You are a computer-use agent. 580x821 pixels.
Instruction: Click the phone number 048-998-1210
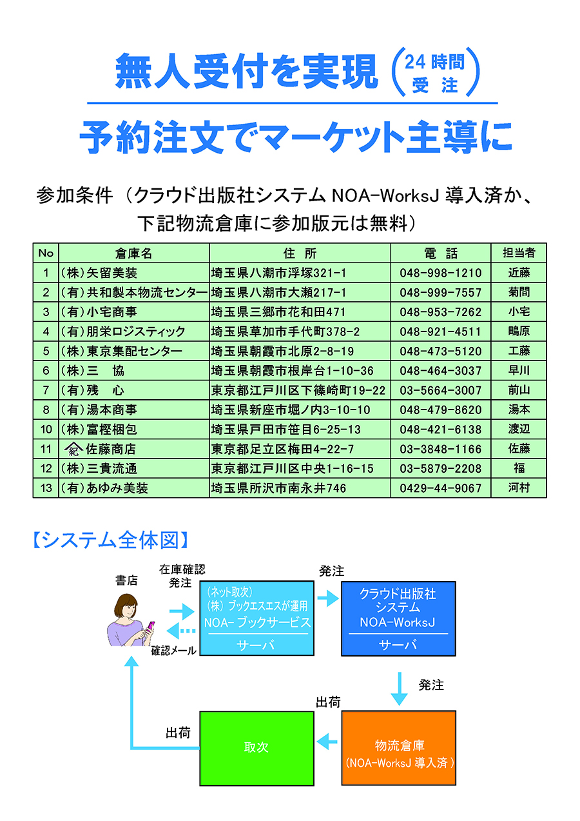440,273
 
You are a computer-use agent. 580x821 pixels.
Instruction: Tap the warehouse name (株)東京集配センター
121,351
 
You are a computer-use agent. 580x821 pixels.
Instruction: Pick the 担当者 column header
518,252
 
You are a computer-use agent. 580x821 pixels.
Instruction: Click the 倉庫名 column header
133,253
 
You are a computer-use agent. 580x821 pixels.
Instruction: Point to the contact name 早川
518,371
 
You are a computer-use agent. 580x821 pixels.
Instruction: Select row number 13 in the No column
46,488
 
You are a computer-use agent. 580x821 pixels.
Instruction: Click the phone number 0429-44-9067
440,488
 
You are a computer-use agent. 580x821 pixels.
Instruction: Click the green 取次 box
256,747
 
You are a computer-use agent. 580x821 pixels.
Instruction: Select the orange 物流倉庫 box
399,747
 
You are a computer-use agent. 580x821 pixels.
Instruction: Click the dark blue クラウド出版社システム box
398,618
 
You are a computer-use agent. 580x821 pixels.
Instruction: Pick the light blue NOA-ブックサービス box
257,618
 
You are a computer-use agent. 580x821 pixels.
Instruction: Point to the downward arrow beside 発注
400,689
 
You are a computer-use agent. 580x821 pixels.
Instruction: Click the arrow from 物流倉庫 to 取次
328,742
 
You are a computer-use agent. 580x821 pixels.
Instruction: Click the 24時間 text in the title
435,62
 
